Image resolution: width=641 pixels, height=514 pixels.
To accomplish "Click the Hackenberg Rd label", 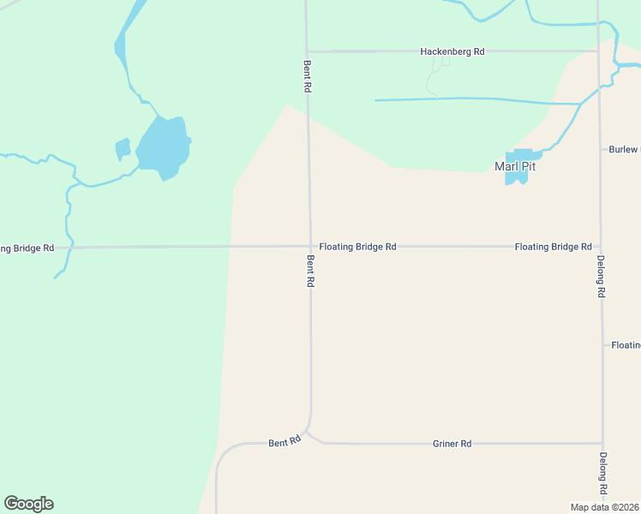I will click(x=452, y=51).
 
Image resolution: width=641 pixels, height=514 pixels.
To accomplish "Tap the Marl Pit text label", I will click(x=515, y=166).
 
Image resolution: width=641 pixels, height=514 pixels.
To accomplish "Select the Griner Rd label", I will click(x=452, y=444).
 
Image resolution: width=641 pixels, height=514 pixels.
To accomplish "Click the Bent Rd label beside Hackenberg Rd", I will click(x=306, y=75).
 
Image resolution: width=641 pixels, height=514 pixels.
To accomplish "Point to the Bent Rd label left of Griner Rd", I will click(x=285, y=442).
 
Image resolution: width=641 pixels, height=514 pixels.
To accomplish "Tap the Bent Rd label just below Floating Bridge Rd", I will click(x=309, y=270).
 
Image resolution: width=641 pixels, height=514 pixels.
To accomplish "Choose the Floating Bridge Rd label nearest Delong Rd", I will click(x=553, y=247).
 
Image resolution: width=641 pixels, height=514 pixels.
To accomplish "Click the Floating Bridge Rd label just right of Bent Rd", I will click(x=357, y=247).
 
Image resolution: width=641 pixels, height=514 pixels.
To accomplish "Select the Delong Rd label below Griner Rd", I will click(x=603, y=472).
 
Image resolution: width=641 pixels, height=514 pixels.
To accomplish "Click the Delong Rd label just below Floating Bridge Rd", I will click(x=602, y=276).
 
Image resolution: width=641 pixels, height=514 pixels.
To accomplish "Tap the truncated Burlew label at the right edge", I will click(x=624, y=149).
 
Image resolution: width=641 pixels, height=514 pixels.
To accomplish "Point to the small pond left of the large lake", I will click(x=123, y=149).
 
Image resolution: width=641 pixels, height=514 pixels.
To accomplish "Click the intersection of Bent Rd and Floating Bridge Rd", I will click(x=309, y=247).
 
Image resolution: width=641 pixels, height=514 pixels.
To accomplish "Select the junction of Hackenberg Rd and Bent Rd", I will click(x=307, y=51).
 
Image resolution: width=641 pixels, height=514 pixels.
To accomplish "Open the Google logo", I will click(x=28, y=504).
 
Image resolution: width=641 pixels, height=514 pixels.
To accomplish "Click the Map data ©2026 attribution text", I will click(x=605, y=506).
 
